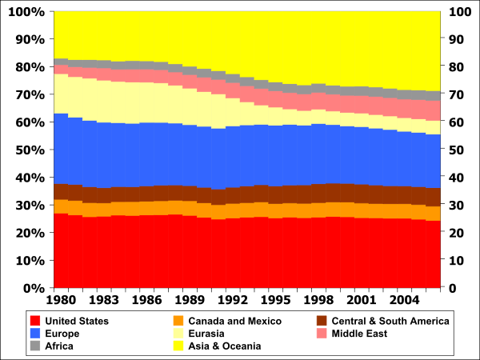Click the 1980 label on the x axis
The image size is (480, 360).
pyautogui.click(x=61, y=302)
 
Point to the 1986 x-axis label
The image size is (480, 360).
pyautogui.click(x=146, y=302)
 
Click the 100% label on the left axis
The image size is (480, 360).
pyautogui.click(x=27, y=12)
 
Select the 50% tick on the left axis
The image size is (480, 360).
pyautogui.click(x=30, y=150)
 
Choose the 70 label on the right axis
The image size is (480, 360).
pyautogui.click(x=454, y=94)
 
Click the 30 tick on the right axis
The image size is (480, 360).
pyautogui.click(x=454, y=205)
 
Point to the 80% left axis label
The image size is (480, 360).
pyautogui.click(x=30, y=67)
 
